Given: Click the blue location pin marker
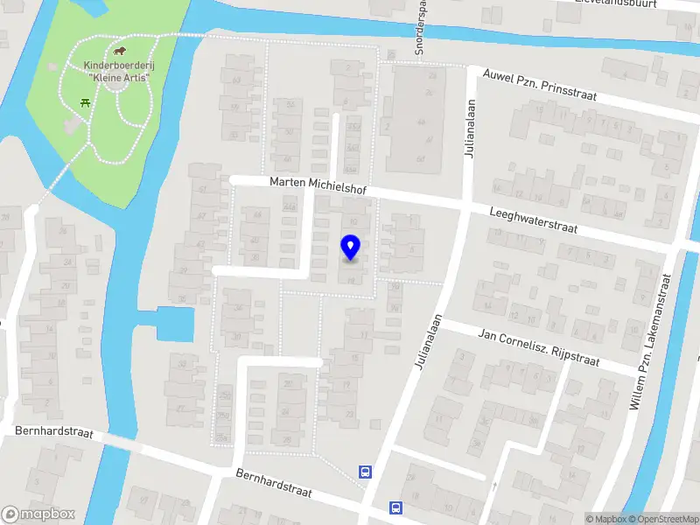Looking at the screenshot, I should point(350,247).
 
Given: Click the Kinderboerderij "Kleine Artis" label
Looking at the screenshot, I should point(118,72).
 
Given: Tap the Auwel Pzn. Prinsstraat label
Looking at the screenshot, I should point(533,84).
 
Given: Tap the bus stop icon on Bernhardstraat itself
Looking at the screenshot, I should point(395,507).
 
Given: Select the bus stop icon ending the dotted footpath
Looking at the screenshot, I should point(365,472).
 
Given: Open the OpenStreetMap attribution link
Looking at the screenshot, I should point(662,519).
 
